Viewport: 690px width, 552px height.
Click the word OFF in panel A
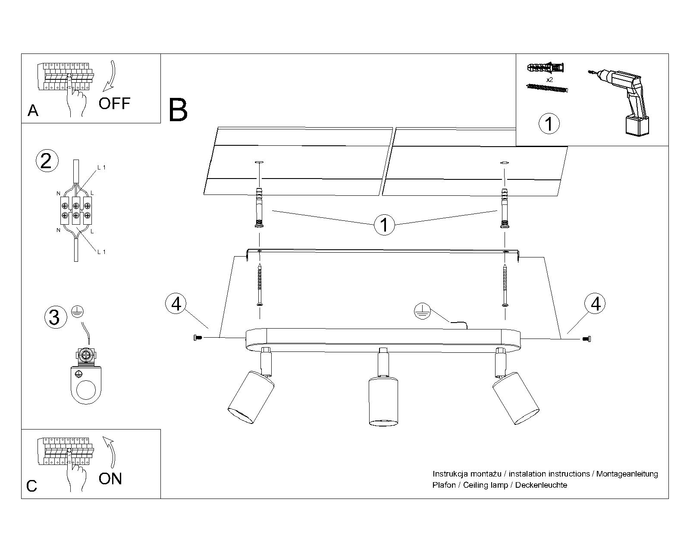point(114,103)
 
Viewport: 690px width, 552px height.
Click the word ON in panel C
point(110,479)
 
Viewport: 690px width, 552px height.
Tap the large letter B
point(178,110)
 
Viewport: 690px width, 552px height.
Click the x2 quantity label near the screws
point(549,80)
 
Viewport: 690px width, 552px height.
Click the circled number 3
point(55,317)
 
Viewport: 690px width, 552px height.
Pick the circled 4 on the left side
point(176,304)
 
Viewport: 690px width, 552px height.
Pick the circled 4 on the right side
point(596,304)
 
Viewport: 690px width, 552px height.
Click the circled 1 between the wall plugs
point(384,225)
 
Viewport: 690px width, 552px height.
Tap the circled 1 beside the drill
point(549,124)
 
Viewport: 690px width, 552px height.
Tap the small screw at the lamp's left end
point(197,338)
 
